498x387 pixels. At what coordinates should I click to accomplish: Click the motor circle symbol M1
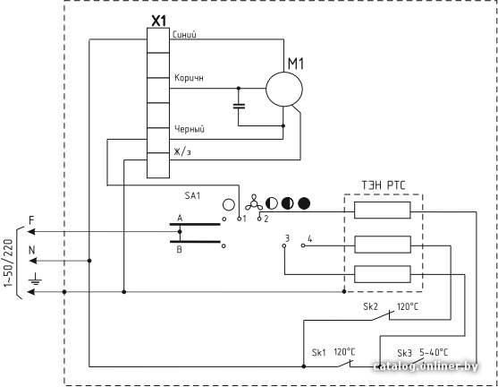point(284,73)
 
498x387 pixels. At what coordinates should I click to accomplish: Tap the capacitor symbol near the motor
point(239,106)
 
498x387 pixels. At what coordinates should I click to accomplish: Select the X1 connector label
point(158,21)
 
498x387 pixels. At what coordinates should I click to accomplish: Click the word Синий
point(184,34)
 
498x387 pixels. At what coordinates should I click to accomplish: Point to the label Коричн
point(189,78)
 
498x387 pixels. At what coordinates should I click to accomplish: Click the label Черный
point(190,129)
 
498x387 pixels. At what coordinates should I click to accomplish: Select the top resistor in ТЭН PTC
point(382,210)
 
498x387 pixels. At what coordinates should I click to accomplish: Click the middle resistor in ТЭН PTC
point(383,245)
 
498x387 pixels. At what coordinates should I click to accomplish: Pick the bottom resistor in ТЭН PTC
point(383,274)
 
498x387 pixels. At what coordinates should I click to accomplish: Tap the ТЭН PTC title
point(384,185)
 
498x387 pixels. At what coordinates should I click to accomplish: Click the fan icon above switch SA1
point(253,203)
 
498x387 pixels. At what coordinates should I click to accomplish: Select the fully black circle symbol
point(304,203)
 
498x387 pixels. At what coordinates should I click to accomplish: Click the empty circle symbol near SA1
point(229,204)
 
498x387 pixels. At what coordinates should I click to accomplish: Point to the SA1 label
point(192,195)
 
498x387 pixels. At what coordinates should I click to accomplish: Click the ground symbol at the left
point(35,279)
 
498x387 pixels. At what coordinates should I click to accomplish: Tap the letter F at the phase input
point(31,219)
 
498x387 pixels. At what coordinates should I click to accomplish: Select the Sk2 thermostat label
point(371,306)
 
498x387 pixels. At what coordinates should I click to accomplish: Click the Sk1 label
point(319,353)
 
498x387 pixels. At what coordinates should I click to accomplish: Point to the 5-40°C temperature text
point(434,353)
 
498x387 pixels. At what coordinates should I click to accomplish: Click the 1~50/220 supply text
point(9,262)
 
